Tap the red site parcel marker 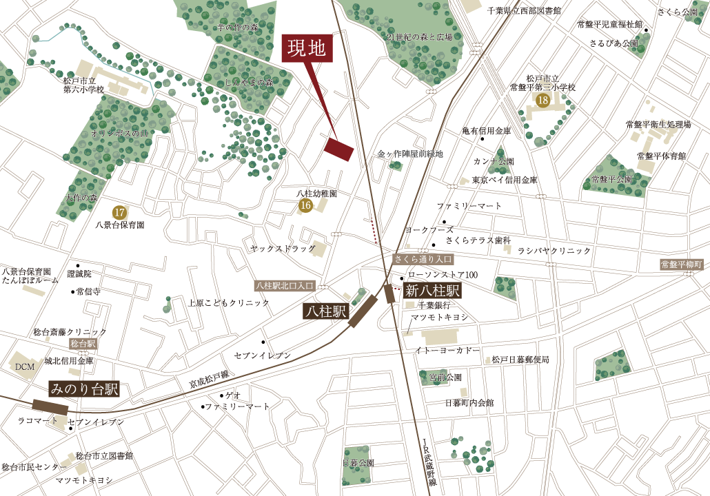(339, 149)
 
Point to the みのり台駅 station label (84, 389)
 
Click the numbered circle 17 (119, 212)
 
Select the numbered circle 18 (542, 101)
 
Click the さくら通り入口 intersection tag (423, 259)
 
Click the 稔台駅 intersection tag (82, 343)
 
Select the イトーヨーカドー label (447, 351)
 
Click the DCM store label (25, 367)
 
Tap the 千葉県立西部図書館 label (523, 10)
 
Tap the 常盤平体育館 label (661, 156)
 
